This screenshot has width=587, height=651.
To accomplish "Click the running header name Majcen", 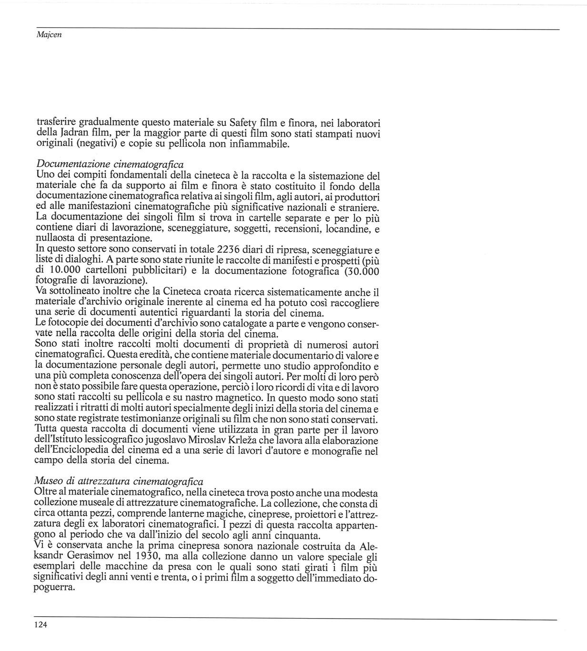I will click(x=49, y=35).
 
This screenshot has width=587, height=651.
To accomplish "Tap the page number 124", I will click(x=41, y=625).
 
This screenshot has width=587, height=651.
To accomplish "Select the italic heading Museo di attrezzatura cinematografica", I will click(x=119, y=482).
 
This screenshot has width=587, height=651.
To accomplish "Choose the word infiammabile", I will click(x=260, y=143).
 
